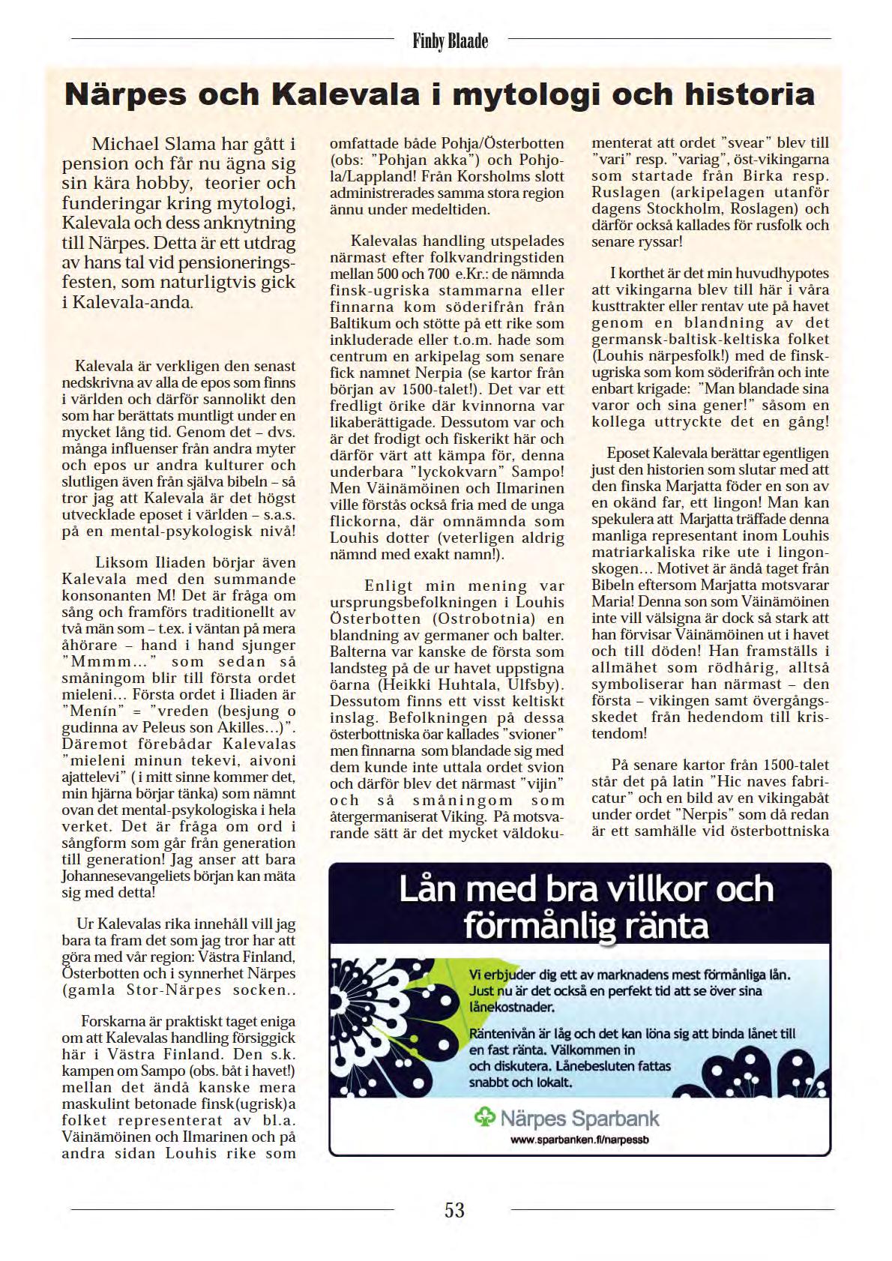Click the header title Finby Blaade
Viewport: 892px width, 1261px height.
pyautogui.click(x=450, y=40)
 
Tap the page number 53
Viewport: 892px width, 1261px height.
pyautogui.click(x=454, y=1209)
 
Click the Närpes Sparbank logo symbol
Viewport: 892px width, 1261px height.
pyautogui.click(x=485, y=1119)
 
